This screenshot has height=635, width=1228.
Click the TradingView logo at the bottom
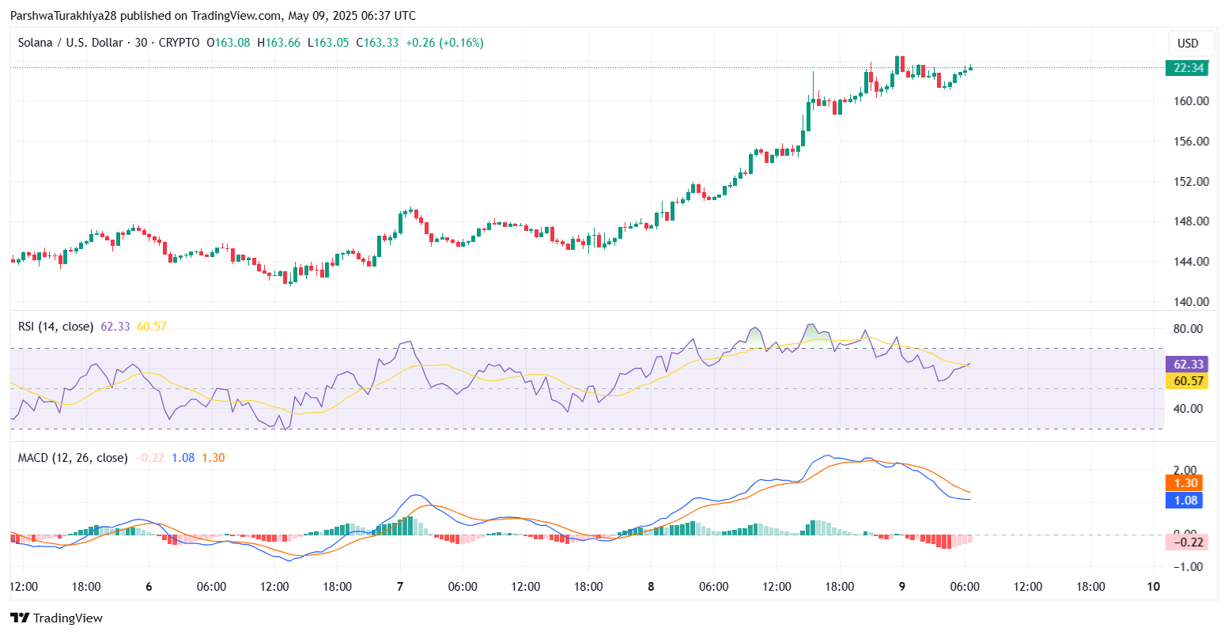56,618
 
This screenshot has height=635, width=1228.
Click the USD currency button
1188,43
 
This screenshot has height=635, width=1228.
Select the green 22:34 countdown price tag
1188,68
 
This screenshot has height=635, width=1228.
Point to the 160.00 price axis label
1192,101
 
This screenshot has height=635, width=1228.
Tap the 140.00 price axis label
1192,301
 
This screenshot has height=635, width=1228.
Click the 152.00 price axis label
1192,181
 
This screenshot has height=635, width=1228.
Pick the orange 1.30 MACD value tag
1185,483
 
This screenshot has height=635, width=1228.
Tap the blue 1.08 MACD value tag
1185,500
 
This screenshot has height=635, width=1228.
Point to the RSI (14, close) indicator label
55,326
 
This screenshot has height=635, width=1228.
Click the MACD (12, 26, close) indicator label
73,457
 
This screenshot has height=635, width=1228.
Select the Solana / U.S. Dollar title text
72,43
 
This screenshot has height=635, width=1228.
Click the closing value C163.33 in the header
378,43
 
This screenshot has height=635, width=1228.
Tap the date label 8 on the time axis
651,587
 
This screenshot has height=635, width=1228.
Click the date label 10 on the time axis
1154,587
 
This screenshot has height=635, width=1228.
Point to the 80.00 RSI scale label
1188,329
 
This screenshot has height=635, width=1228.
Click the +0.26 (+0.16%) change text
444,43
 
